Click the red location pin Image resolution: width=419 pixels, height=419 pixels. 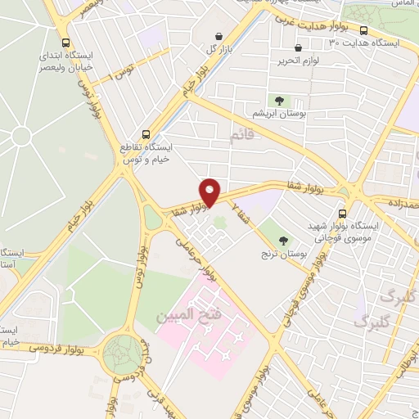tap(210, 191)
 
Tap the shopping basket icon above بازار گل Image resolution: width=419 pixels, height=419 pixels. tap(219, 37)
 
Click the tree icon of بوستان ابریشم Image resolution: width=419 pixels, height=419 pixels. tap(280, 101)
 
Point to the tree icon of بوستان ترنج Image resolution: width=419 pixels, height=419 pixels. tap(284, 241)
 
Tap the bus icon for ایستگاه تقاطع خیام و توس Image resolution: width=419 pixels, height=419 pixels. tap(146, 134)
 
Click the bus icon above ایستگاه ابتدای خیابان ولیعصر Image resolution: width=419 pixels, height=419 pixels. tap(65, 44)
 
